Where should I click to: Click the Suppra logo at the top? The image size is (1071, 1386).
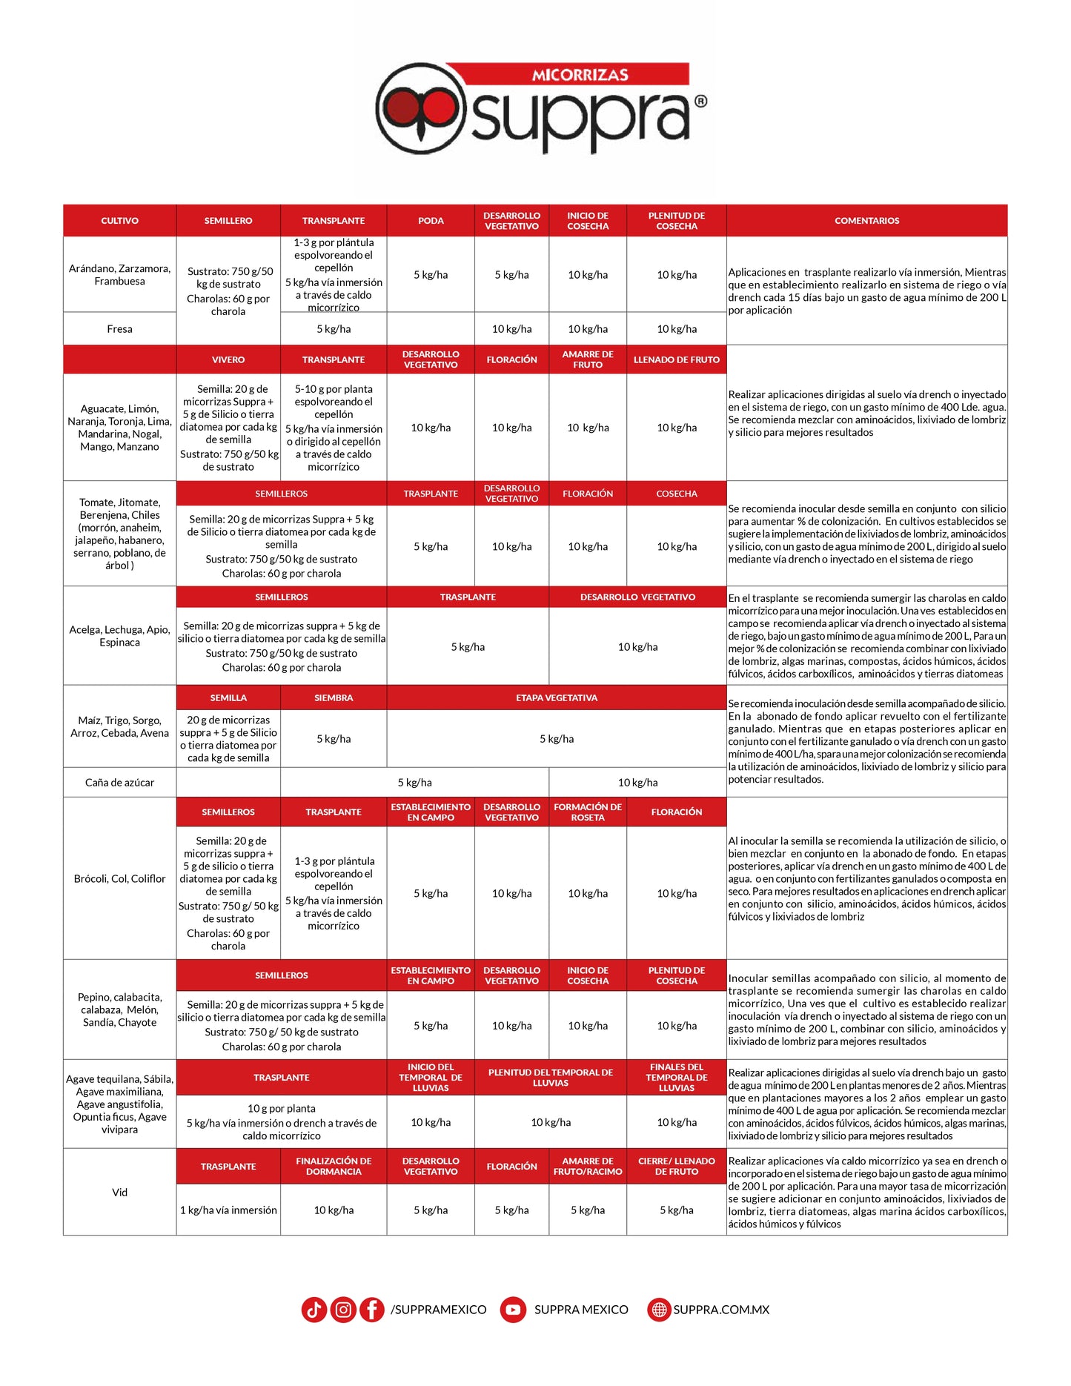pyautogui.click(x=540, y=107)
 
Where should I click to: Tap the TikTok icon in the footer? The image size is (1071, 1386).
pyautogui.click(x=314, y=1310)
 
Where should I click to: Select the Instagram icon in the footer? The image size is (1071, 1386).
pyautogui.click(x=343, y=1310)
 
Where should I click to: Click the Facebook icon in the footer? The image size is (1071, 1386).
pyautogui.click(x=372, y=1310)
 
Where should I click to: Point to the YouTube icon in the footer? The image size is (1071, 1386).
pyautogui.click(x=513, y=1310)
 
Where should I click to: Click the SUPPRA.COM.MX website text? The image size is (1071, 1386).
pyautogui.click(x=720, y=1310)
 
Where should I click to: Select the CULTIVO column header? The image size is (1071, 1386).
pyautogui.click(x=119, y=221)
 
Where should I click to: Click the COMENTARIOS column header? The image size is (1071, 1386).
pyautogui.click(x=866, y=221)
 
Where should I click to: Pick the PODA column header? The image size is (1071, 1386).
pyautogui.click(x=431, y=221)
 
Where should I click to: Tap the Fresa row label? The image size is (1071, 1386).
pyautogui.click(x=119, y=329)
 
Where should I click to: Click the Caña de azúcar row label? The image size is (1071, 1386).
pyautogui.click(x=119, y=783)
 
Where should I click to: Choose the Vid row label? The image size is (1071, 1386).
pyautogui.click(x=119, y=1192)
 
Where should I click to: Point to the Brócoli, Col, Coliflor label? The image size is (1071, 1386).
pyautogui.click(x=119, y=878)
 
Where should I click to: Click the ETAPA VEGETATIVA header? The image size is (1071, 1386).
pyautogui.click(x=556, y=697)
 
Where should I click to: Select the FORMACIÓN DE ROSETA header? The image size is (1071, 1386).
pyautogui.click(x=588, y=812)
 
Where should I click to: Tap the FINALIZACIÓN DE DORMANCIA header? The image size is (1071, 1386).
pyautogui.click(x=334, y=1166)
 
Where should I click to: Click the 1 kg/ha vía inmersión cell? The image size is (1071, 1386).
pyautogui.click(x=228, y=1210)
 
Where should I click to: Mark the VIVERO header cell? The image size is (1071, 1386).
pyautogui.click(x=228, y=359)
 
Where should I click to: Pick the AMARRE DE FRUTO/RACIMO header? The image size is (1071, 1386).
pyautogui.click(x=588, y=1166)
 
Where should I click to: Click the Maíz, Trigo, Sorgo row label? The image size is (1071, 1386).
pyautogui.click(x=119, y=726)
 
